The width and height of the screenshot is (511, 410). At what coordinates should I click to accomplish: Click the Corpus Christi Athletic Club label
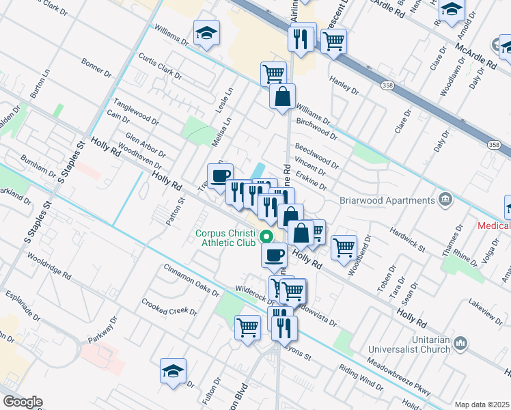pyautogui.click(x=225, y=237)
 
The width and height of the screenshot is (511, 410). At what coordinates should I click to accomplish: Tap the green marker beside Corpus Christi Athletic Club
pyautogui.click(x=266, y=237)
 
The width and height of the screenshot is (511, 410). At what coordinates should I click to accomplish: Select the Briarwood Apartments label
pyautogui.click(x=387, y=200)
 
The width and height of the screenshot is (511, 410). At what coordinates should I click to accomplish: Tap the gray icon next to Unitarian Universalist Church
pyautogui.click(x=461, y=342)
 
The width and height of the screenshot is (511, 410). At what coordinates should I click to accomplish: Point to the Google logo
pyautogui.click(x=22, y=402)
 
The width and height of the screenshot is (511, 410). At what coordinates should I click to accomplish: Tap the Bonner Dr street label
pyautogui.click(x=96, y=66)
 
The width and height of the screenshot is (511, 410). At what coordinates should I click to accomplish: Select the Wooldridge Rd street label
pyautogui.click(x=50, y=267)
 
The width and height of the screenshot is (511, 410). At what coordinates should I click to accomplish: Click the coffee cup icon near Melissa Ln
pyautogui.click(x=220, y=176)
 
